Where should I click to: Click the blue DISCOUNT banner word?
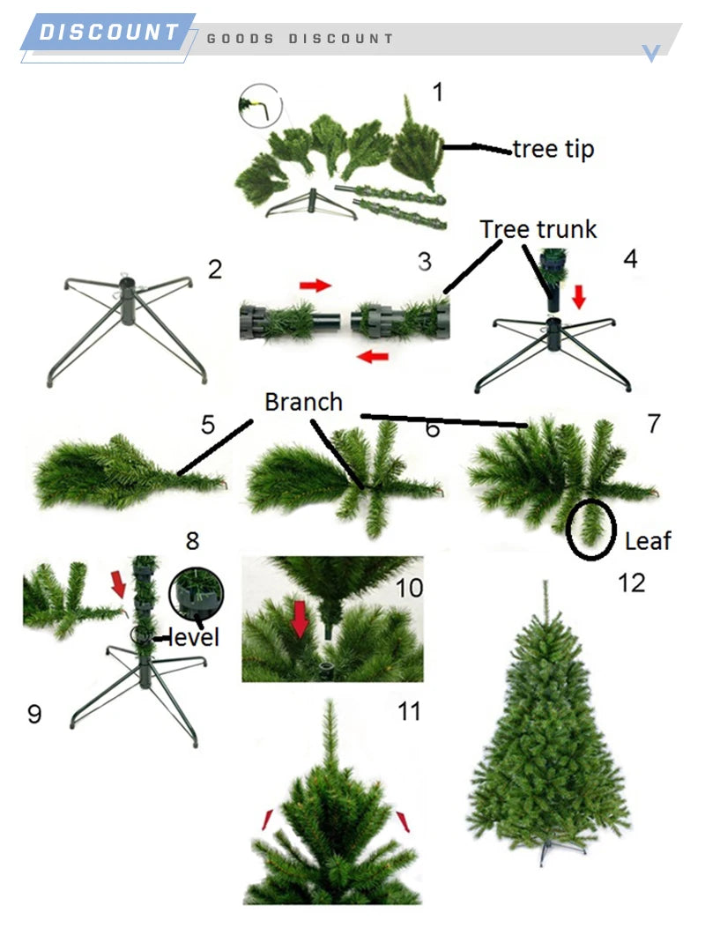tap(109, 33)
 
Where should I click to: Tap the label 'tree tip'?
tap(553, 149)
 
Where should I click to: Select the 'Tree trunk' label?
tap(538, 229)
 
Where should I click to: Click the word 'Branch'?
tap(303, 402)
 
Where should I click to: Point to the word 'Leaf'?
tap(648, 540)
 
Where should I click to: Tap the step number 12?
tap(632, 583)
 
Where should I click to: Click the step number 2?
tap(215, 270)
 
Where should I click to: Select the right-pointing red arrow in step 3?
tap(314, 286)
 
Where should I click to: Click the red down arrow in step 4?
tap(579, 300)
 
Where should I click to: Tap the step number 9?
tap(33, 713)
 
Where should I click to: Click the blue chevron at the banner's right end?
tap(651, 53)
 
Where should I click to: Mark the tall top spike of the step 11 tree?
tap(330, 736)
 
